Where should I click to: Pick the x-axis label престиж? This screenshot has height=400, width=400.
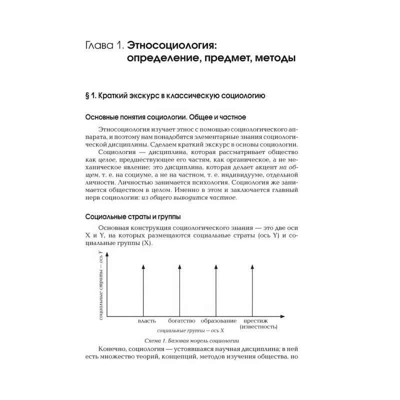(256, 320)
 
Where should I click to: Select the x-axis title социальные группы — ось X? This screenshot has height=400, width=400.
(190, 331)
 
